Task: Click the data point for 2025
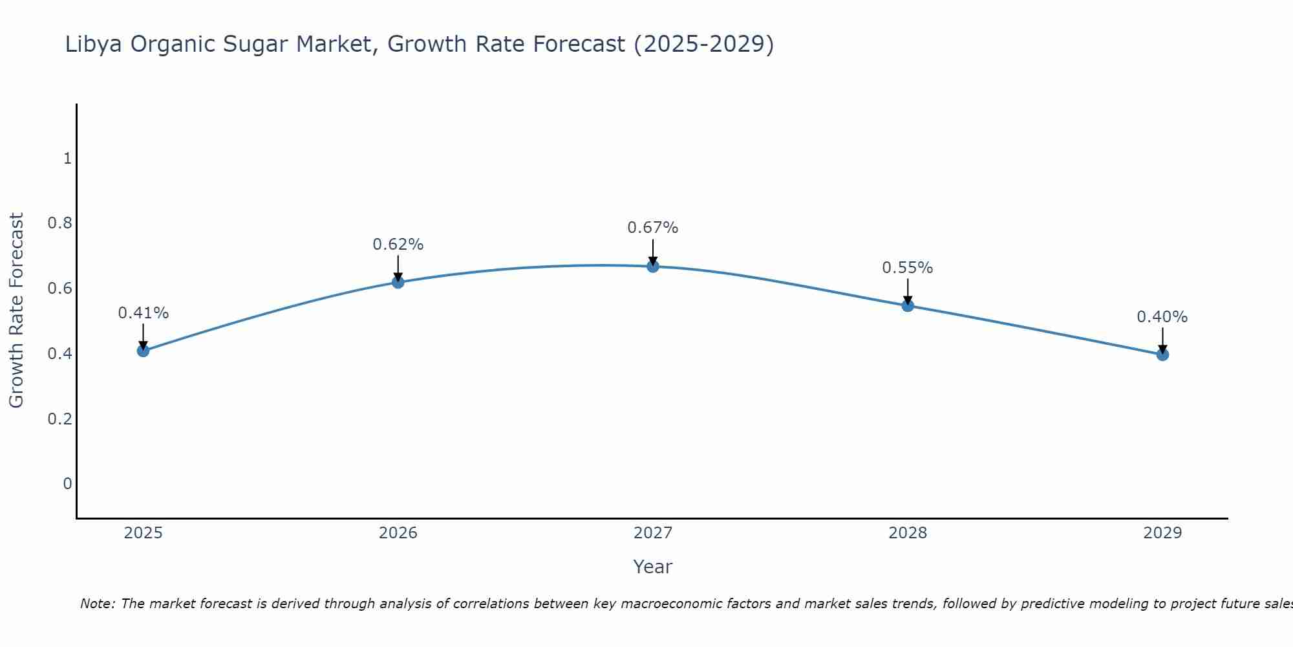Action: point(143,351)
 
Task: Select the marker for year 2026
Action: point(398,282)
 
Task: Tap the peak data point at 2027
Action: point(653,266)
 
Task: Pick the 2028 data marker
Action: point(908,305)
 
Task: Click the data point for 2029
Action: point(1162,355)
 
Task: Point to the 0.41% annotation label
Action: point(143,313)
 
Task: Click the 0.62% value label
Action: point(398,245)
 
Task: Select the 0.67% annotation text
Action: point(653,228)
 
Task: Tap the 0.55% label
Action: point(908,268)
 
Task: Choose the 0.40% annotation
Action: point(1162,317)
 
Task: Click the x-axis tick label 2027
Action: point(653,533)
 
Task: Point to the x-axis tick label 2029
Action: point(1162,533)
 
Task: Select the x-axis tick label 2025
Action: point(143,533)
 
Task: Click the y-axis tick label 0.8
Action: point(59,223)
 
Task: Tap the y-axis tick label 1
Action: point(67,158)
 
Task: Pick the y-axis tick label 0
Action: point(67,483)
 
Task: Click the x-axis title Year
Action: point(653,567)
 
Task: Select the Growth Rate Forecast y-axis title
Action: point(17,310)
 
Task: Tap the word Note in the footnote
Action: point(96,604)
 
